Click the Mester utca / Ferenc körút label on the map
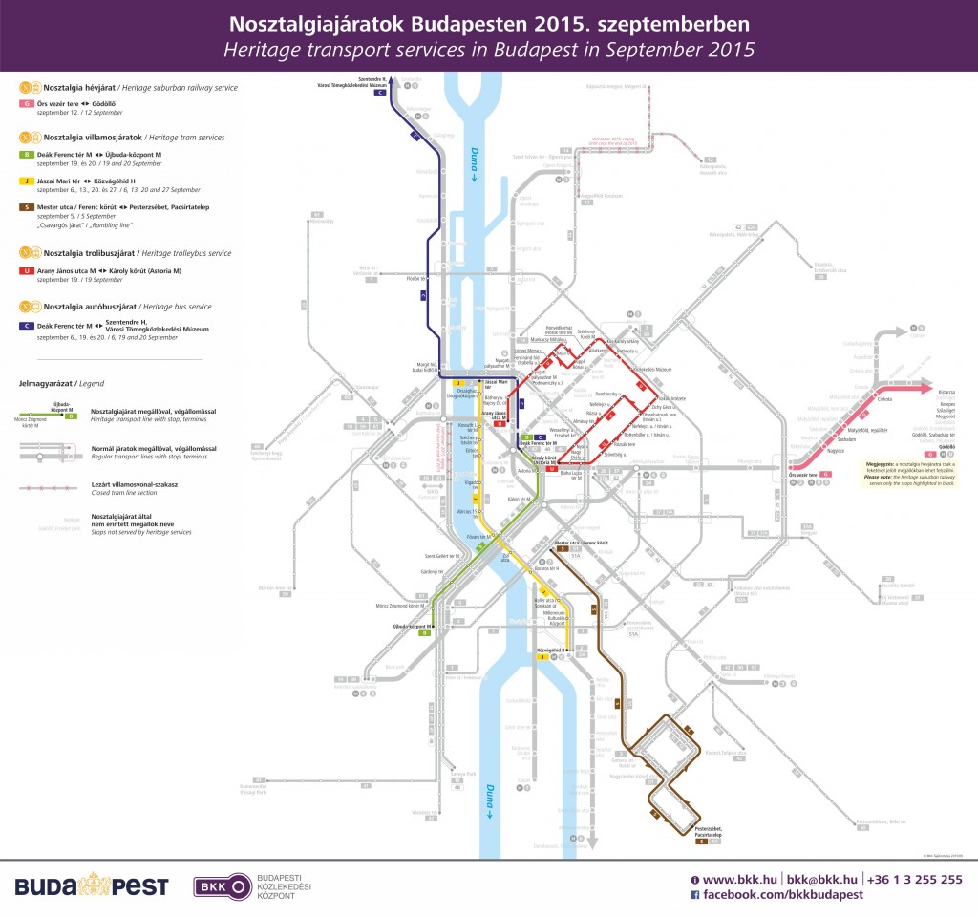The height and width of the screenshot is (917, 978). coord(582,544)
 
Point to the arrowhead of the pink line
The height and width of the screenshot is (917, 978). coord(925,389)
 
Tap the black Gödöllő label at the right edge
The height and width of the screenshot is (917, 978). coord(921,445)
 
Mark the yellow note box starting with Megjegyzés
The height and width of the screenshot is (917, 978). coord(907,474)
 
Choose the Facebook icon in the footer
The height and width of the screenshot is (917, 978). coord(695,895)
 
